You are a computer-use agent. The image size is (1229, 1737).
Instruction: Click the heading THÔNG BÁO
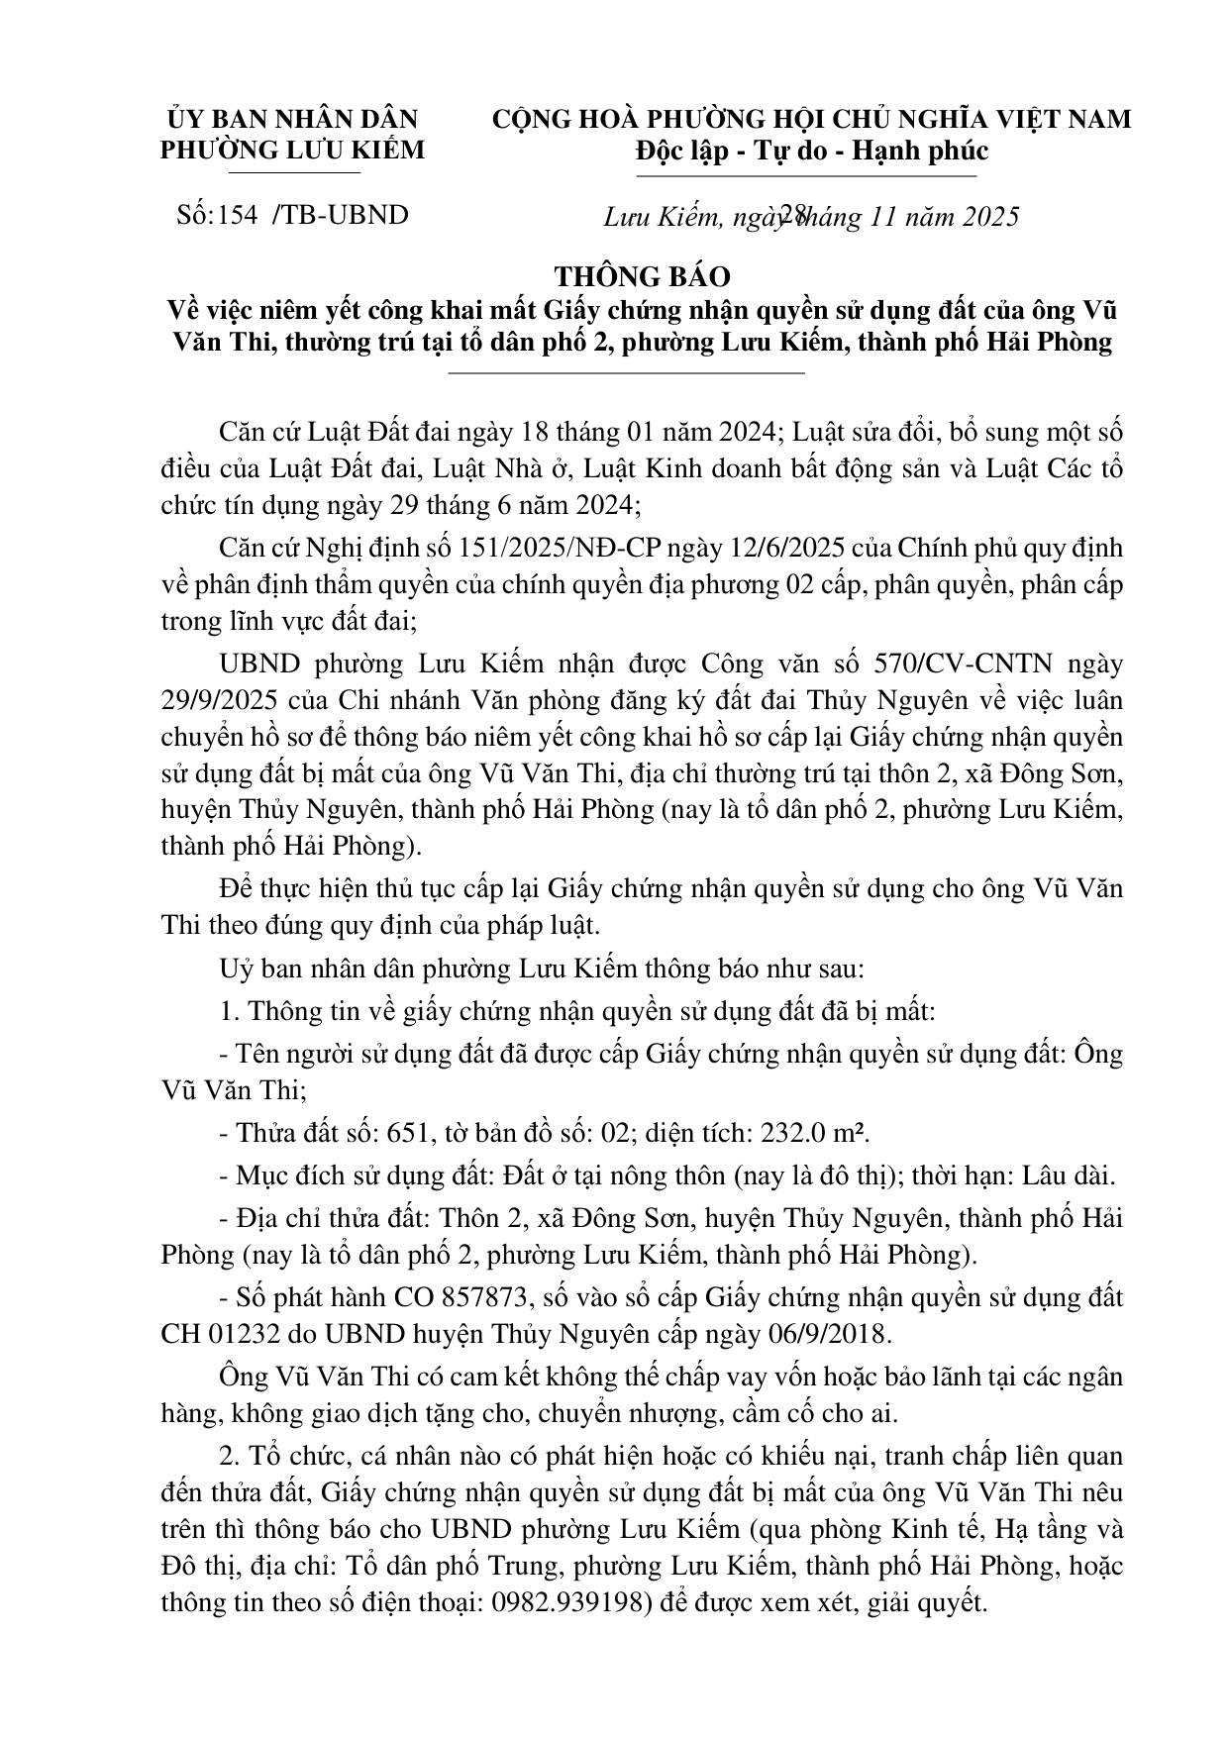(642, 275)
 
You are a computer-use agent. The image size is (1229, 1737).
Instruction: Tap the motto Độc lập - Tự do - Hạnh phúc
(811, 151)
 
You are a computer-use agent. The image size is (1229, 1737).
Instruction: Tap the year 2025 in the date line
(984, 216)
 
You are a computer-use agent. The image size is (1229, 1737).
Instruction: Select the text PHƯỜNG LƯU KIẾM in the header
(292, 150)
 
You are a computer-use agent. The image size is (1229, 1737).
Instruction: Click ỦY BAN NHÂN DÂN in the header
(293, 119)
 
